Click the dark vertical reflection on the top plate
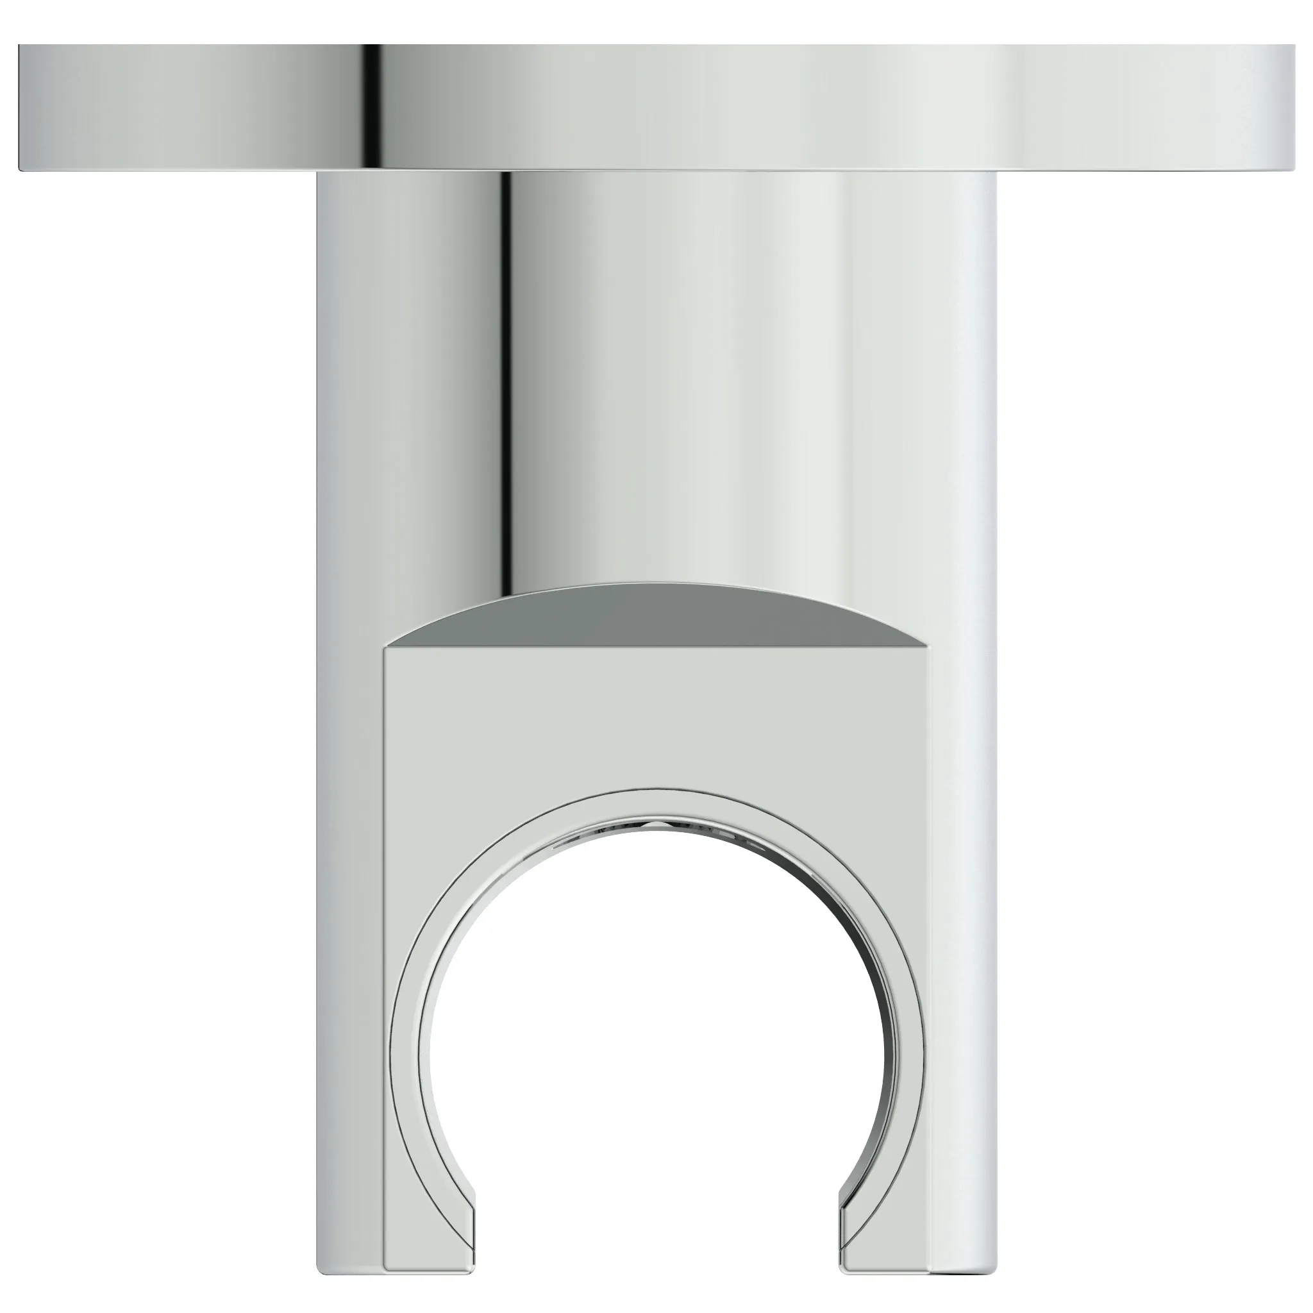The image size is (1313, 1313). pyautogui.click(x=371, y=107)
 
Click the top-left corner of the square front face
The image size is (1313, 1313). pyautogui.click(x=386, y=649)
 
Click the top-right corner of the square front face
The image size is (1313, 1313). pyautogui.click(x=931, y=649)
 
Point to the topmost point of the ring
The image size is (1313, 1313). pyautogui.click(x=656, y=790)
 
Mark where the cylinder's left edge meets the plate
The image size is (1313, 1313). pyautogui.click(x=318, y=172)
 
